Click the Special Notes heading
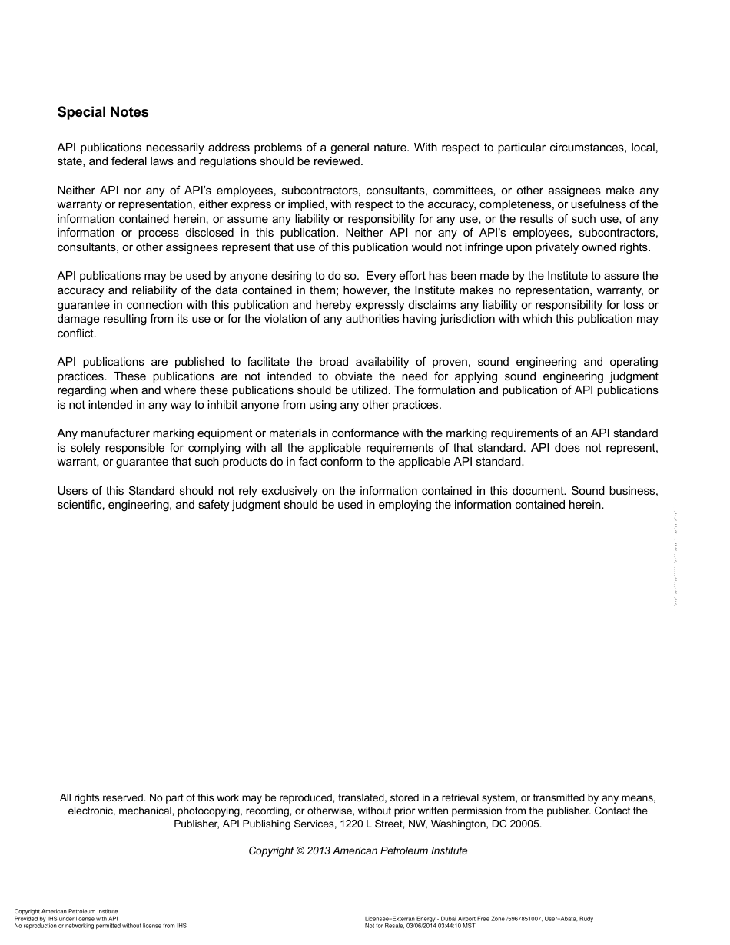point(103,112)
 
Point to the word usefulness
point(600,204)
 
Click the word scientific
point(81,505)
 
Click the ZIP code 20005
point(524,824)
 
